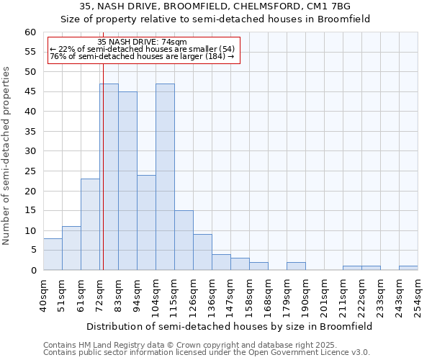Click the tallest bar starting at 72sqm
click(x=109, y=176)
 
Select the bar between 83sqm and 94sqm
click(x=127, y=181)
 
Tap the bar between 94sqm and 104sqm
click(x=146, y=222)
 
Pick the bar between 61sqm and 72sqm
click(x=90, y=224)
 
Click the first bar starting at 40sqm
click(x=53, y=254)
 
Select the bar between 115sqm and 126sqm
click(x=184, y=240)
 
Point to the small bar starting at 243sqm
click(x=408, y=268)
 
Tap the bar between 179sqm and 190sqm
click(x=296, y=266)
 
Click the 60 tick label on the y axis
click(x=30, y=32)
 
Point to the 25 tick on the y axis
click(x=30, y=171)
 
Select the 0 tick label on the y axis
click(x=33, y=271)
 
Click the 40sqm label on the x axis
click(x=43, y=294)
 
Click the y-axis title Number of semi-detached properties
click(x=7, y=156)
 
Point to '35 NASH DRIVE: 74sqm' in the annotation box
click(x=142, y=42)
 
